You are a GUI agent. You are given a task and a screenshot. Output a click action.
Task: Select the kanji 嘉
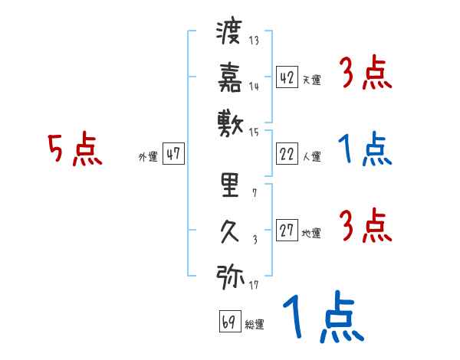coord(230,77)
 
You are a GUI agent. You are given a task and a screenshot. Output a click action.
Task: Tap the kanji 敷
coord(230,121)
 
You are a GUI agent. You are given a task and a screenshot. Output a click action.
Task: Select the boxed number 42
coord(287,77)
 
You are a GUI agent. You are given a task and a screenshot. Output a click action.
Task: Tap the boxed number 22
coord(287,154)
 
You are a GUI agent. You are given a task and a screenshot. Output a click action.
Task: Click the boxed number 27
coord(287,231)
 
